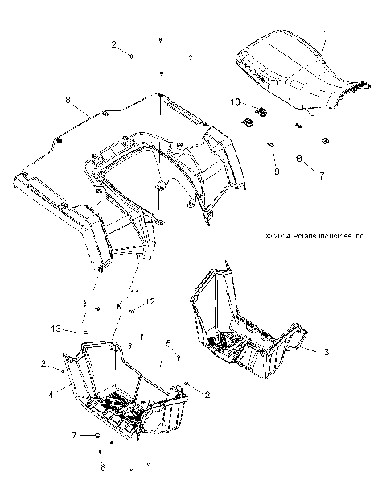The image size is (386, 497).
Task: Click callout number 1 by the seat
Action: [326, 33]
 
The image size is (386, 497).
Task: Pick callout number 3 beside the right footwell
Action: [326, 352]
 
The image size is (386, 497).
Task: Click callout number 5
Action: [168, 343]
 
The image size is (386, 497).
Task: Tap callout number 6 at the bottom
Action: [101, 467]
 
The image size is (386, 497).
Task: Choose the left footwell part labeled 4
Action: [121, 387]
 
